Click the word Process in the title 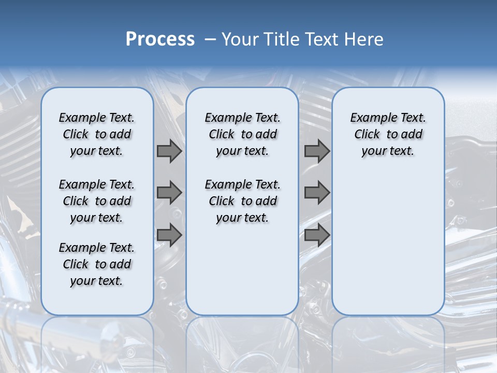click(x=160, y=39)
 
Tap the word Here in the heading click(x=364, y=39)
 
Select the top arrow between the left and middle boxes click(x=169, y=151)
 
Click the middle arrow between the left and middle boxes click(x=169, y=193)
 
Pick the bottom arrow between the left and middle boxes click(x=169, y=235)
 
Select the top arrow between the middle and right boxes click(x=317, y=151)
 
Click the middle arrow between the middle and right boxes click(x=317, y=193)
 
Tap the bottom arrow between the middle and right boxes click(x=317, y=235)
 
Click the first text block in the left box click(x=97, y=134)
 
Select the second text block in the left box click(x=97, y=201)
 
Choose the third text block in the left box click(x=97, y=264)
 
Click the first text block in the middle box click(x=242, y=134)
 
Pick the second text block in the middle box click(x=242, y=201)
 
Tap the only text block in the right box click(x=388, y=134)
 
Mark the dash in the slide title click(x=210, y=39)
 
